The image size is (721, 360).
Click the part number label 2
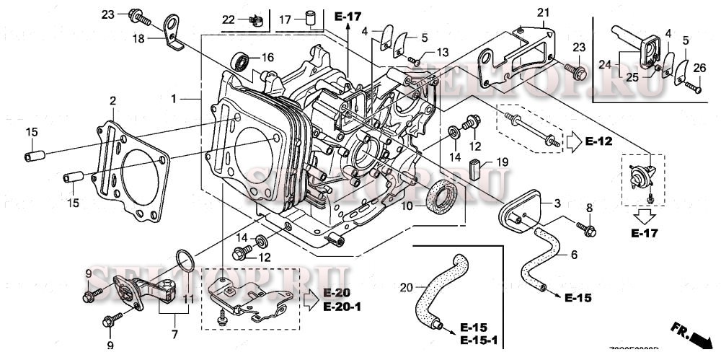pyautogui.click(x=112, y=100)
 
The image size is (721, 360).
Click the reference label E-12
pyautogui.click(x=598, y=142)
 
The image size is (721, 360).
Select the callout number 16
pyautogui.click(x=267, y=57)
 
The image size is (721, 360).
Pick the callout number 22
pyautogui.click(x=228, y=19)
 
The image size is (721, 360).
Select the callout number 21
pyautogui.click(x=543, y=12)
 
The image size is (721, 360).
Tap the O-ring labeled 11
pyautogui.click(x=184, y=260)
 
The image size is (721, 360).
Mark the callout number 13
pyautogui.click(x=442, y=52)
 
